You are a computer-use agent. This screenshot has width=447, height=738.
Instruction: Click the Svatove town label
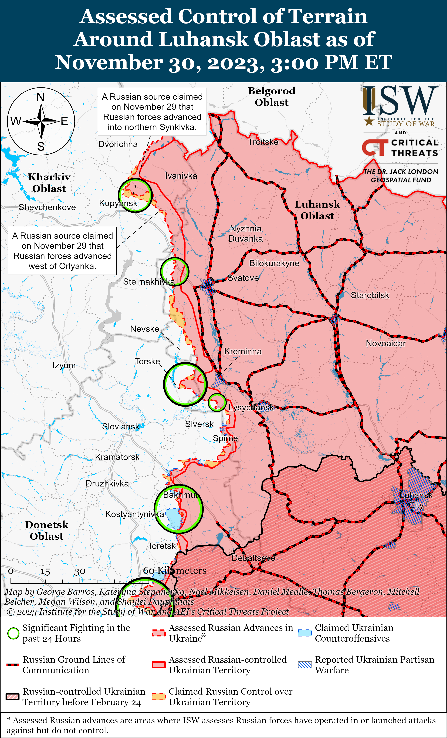coord(243,278)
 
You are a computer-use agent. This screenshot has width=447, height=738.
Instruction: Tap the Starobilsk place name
coord(370,295)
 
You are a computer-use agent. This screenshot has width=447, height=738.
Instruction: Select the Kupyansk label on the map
coord(118,203)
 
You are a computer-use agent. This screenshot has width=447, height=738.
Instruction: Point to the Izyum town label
coord(64,365)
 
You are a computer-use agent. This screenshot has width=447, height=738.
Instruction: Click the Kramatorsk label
coord(117,457)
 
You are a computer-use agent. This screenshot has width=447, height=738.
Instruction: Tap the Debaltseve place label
coord(253,558)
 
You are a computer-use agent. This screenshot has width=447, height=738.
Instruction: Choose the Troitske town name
coord(263,142)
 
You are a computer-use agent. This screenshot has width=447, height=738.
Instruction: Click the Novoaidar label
coord(386,344)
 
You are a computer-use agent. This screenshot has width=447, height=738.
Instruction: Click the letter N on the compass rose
coord(41,97)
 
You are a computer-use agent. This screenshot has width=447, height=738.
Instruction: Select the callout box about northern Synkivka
coord(152,112)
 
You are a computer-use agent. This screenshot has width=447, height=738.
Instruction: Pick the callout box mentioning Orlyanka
coord(62,251)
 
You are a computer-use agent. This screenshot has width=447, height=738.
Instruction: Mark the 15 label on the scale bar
coord(45,572)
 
